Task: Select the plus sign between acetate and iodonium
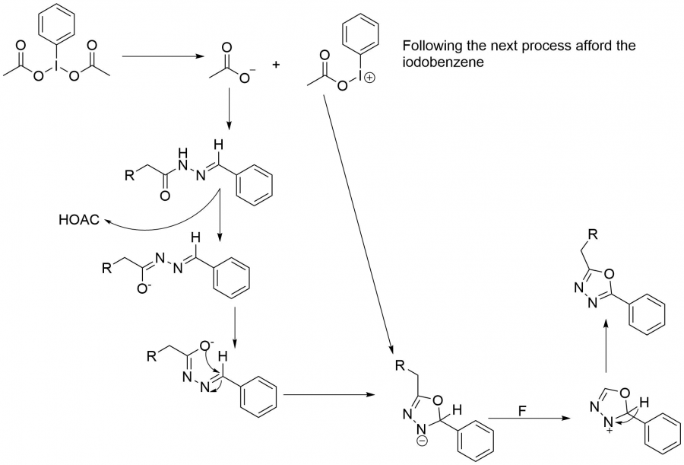[x=275, y=65]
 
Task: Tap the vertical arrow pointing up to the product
[x=605, y=346]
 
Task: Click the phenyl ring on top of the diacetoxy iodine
[x=63, y=26]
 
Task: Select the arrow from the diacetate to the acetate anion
[x=160, y=56]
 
